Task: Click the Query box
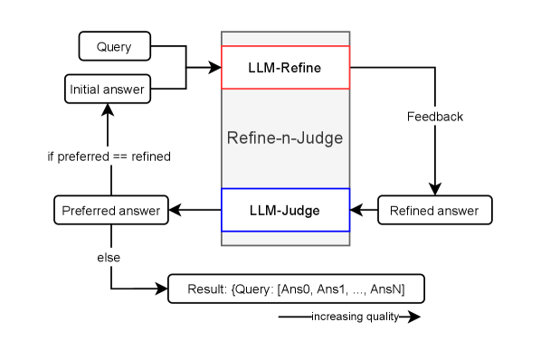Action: click(x=114, y=47)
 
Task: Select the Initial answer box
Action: click(x=107, y=90)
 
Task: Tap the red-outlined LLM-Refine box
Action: click(x=285, y=68)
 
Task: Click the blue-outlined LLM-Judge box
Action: click(x=285, y=211)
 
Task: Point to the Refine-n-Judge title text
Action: click(x=285, y=138)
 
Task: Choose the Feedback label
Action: click(x=434, y=117)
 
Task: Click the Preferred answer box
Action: click(x=110, y=211)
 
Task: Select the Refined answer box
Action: click(x=434, y=211)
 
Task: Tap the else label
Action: click(x=109, y=259)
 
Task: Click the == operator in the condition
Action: click(x=119, y=156)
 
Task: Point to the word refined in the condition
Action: click(x=150, y=156)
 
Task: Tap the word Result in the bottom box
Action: click(x=205, y=289)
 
